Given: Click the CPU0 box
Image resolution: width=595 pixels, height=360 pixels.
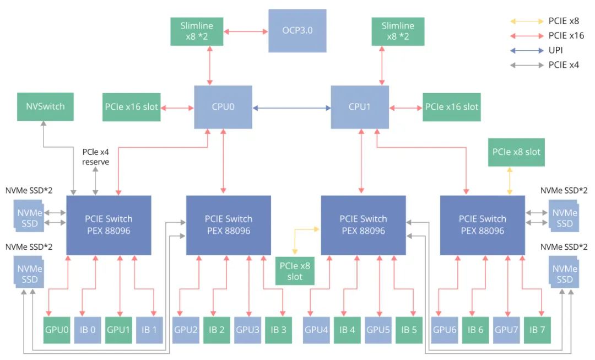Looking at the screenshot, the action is click(223, 107).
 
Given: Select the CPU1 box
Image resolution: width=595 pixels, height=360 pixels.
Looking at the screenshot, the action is click(360, 107).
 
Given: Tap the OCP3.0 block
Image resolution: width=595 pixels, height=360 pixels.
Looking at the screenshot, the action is click(297, 31).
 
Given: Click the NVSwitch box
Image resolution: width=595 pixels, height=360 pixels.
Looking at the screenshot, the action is click(45, 107).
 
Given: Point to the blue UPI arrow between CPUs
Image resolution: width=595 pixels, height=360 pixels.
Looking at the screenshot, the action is click(291, 108).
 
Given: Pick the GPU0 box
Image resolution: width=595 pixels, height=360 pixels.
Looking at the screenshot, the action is click(57, 330).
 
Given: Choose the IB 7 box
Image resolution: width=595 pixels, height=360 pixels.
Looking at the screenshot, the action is click(537, 330).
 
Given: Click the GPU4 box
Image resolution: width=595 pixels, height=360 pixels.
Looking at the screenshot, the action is click(316, 330).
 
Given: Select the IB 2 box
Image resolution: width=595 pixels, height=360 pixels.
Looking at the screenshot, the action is click(217, 330).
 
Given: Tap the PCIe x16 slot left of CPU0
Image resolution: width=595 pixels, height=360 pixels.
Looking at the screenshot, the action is click(131, 107).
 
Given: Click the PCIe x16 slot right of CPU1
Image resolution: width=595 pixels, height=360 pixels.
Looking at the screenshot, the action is click(452, 107).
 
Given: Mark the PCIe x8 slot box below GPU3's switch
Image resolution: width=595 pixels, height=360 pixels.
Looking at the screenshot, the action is click(295, 271).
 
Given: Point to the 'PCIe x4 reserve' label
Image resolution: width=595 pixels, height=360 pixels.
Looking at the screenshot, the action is click(96, 157).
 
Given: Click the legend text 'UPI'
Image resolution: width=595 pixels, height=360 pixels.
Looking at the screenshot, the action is click(555, 50).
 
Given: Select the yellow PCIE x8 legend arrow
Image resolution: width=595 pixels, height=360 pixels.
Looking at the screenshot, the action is click(527, 22).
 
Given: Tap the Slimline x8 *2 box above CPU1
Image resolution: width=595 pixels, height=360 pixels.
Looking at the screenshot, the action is click(398, 31).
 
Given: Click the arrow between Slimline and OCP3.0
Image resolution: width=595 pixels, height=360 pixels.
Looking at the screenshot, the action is click(246, 31).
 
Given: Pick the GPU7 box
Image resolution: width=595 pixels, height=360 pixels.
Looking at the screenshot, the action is click(506, 330).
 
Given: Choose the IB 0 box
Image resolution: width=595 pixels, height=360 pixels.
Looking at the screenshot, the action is click(88, 330).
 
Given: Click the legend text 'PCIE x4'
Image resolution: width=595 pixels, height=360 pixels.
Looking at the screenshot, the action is click(564, 65).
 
